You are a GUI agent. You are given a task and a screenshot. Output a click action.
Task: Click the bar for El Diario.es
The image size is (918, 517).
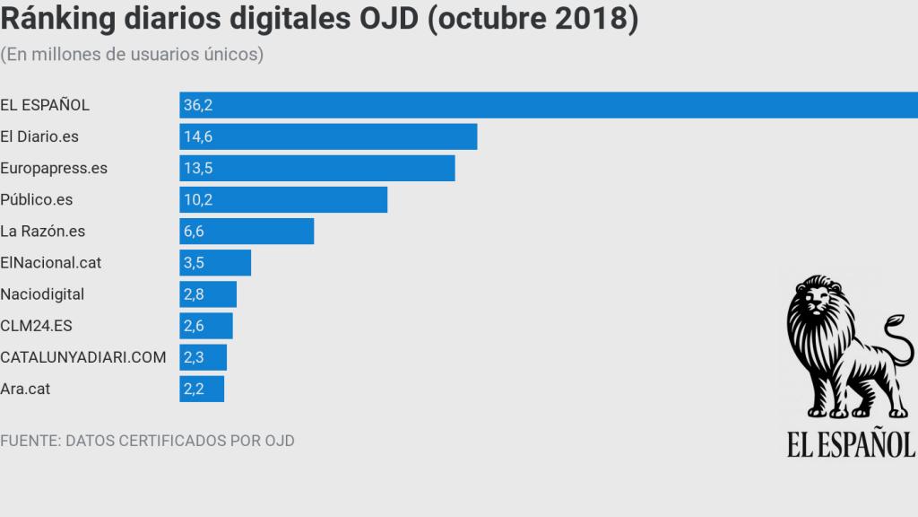point(328,136)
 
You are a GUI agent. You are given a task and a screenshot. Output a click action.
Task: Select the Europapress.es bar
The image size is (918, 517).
point(317,168)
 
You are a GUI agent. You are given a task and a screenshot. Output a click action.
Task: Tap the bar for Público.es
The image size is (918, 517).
point(283,199)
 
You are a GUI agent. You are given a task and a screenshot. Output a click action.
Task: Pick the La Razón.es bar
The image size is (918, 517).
point(247,231)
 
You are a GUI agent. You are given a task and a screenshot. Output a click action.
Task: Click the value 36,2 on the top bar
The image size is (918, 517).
point(196,105)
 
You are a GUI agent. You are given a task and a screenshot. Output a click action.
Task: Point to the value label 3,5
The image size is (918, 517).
point(194,263)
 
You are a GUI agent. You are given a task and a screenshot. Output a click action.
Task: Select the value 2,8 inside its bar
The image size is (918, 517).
point(194,294)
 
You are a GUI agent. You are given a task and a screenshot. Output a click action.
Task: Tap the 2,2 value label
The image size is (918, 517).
point(194,389)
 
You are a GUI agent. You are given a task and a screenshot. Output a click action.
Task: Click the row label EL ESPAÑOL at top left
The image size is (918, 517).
point(45,105)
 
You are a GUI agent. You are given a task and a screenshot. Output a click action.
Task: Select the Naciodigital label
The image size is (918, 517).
point(42,294)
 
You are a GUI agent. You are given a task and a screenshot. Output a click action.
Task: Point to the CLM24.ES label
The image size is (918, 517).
point(37,326)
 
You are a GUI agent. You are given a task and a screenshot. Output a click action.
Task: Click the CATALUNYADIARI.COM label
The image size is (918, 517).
point(83,357)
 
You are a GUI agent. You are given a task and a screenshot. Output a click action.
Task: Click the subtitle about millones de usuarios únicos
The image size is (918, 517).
point(132,55)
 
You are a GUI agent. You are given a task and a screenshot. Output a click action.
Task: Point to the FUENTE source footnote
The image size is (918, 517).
point(147,441)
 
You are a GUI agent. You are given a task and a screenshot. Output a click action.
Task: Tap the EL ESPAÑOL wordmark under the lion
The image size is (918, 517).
point(851,443)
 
